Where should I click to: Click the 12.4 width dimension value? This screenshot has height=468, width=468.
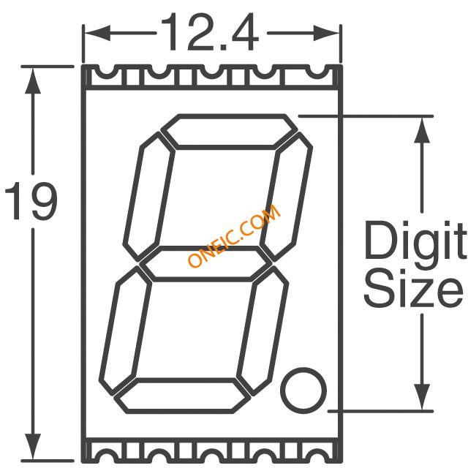coord(210,32)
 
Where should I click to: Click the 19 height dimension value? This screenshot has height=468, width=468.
coord(31,200)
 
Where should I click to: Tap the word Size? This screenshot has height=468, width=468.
coord(413,287)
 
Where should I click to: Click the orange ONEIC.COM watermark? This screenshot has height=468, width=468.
coord(234,235)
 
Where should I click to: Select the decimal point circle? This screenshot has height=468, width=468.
coord(303,390)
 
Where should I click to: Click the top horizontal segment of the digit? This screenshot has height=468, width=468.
coord(229,132)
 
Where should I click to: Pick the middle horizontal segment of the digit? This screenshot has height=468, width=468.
coord(205,264)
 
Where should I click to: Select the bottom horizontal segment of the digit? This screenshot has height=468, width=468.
coord(182,396)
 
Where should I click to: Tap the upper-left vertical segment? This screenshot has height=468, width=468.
coord(149,197)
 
